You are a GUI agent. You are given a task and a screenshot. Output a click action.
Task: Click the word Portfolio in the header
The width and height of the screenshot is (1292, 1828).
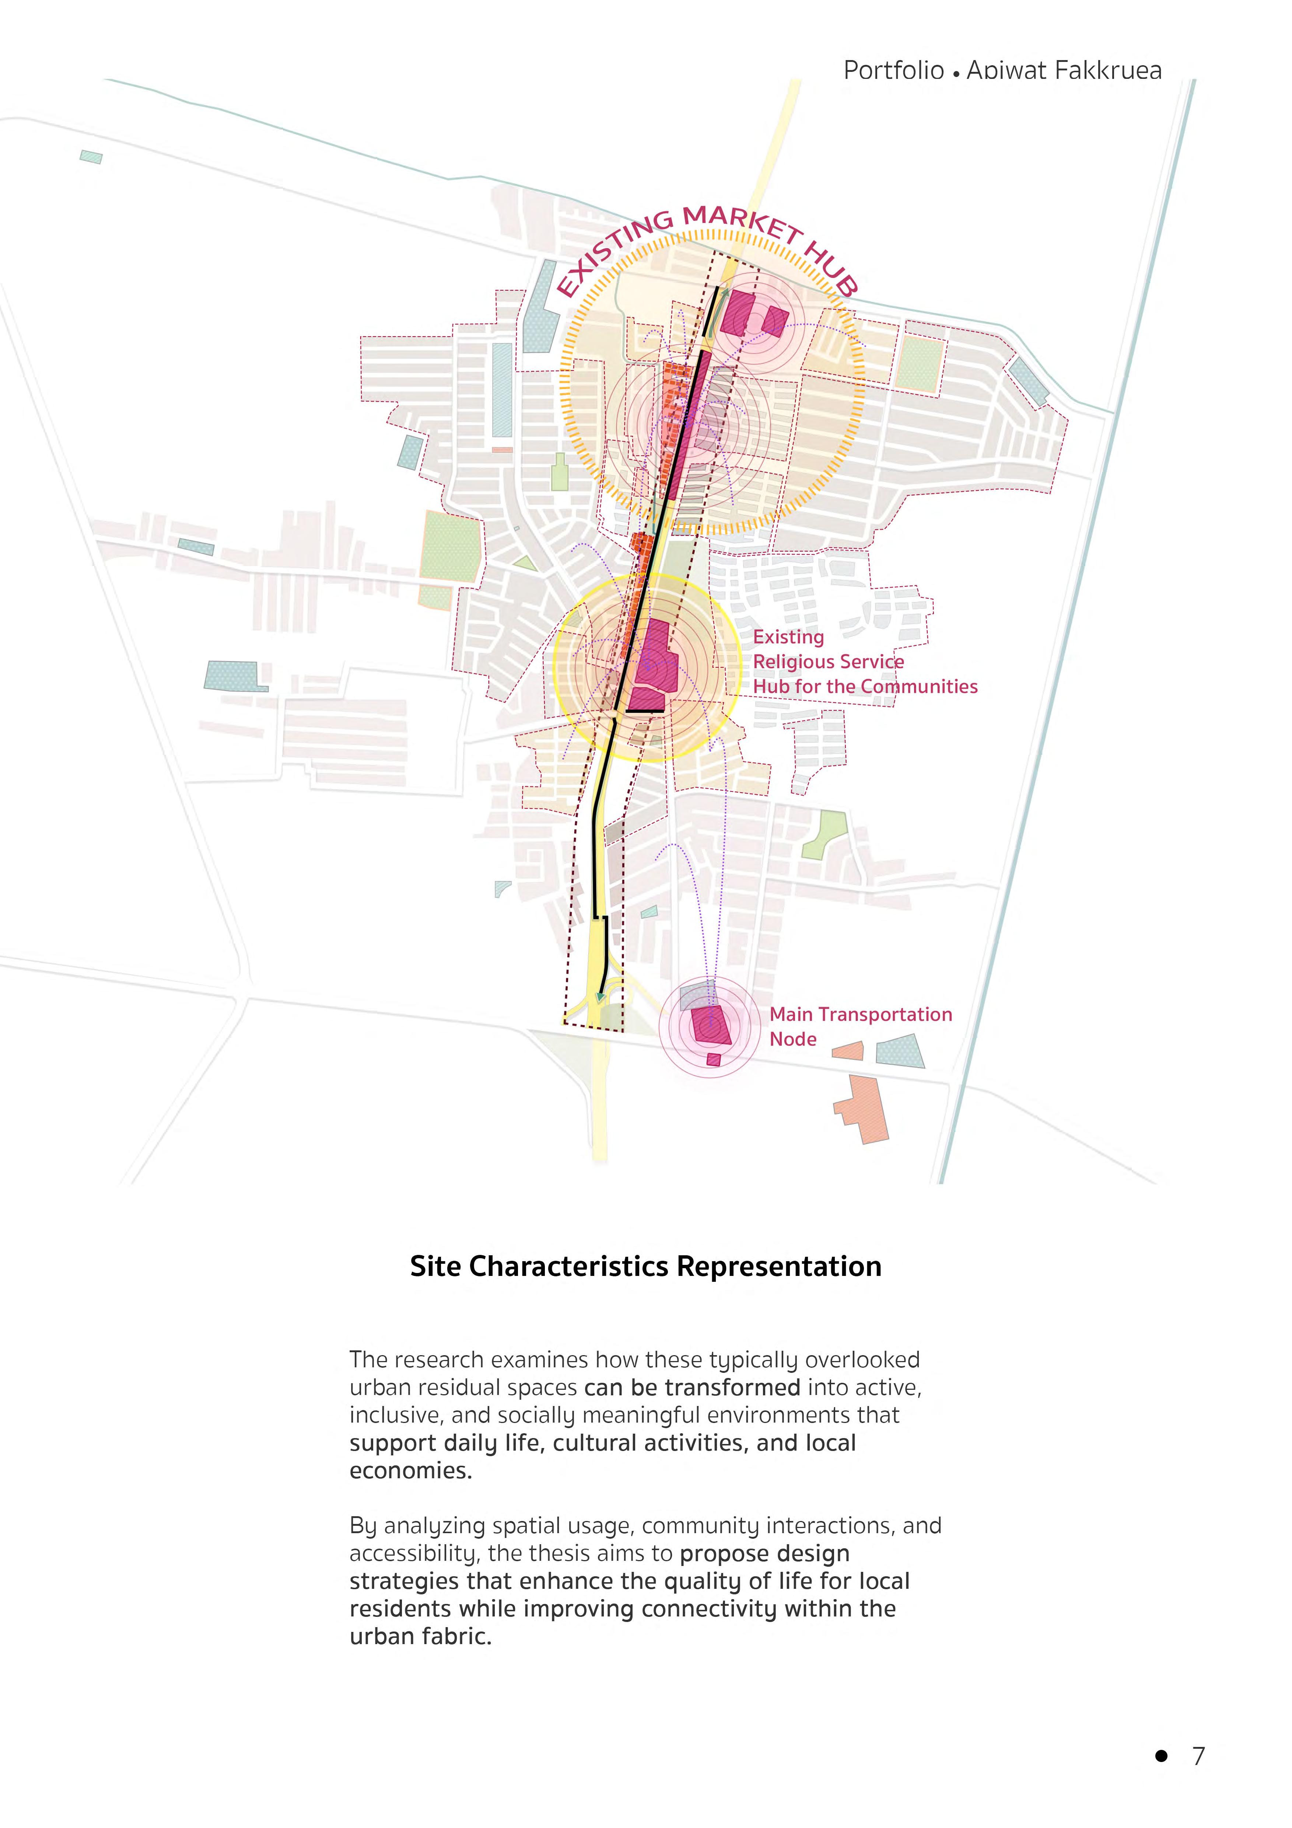click(x=893, y=71)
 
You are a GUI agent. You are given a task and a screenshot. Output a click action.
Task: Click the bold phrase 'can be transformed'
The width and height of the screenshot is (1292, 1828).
click(x=692, y=1387)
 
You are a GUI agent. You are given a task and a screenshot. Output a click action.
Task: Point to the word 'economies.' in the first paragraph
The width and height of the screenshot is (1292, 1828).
click(x=411, y=1471)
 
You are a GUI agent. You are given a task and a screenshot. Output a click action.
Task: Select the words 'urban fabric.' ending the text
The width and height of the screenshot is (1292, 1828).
click(x=420, y=1636)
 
